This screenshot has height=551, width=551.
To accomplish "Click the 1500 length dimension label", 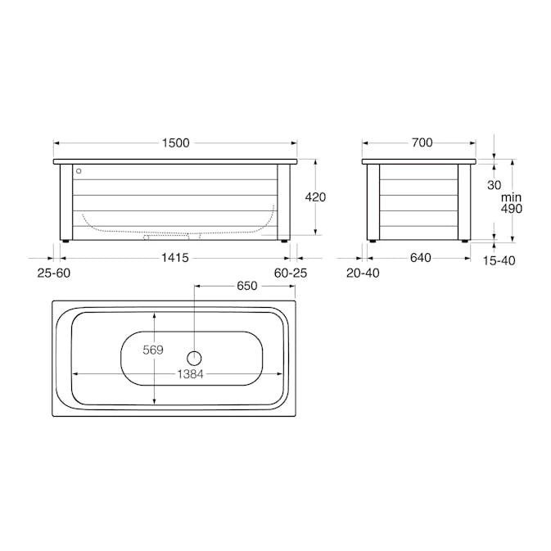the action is coord(176,143).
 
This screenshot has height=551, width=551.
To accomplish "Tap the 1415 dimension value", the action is coord(175,258).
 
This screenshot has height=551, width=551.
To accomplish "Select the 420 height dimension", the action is coord(315,197).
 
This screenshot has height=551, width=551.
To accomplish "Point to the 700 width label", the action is coord(422,142).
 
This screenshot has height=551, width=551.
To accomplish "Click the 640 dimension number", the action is coord(420,258).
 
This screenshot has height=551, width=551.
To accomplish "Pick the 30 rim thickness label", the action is coord(494,185).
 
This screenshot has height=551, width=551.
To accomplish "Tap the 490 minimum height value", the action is coord(511,209).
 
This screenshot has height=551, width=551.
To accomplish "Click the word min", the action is coord(511,197).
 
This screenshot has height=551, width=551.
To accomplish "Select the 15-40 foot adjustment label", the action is coord(499,260).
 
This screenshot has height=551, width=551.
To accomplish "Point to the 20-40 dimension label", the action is coord(363,273).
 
